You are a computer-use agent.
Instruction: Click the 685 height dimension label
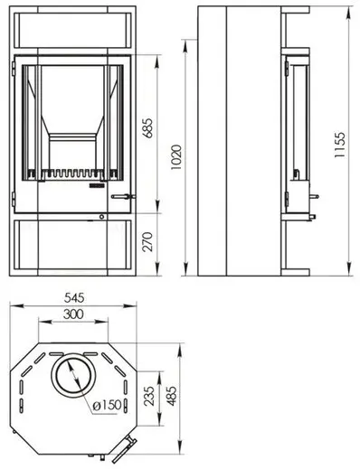(x=148, y=128)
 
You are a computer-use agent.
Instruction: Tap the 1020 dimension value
(x=176, y=157)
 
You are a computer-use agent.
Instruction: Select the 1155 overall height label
(x=339, y=145)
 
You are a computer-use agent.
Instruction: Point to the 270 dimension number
(x=147, y=241)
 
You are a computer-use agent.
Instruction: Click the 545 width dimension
(x=74, y=298)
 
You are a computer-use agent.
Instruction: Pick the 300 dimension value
(x=73, y=314)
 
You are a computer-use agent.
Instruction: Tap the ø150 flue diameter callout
(x=107, y=406)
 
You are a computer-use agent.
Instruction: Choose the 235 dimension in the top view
(x=149, y=396)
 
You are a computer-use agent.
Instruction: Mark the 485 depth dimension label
(x=172, y=396)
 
